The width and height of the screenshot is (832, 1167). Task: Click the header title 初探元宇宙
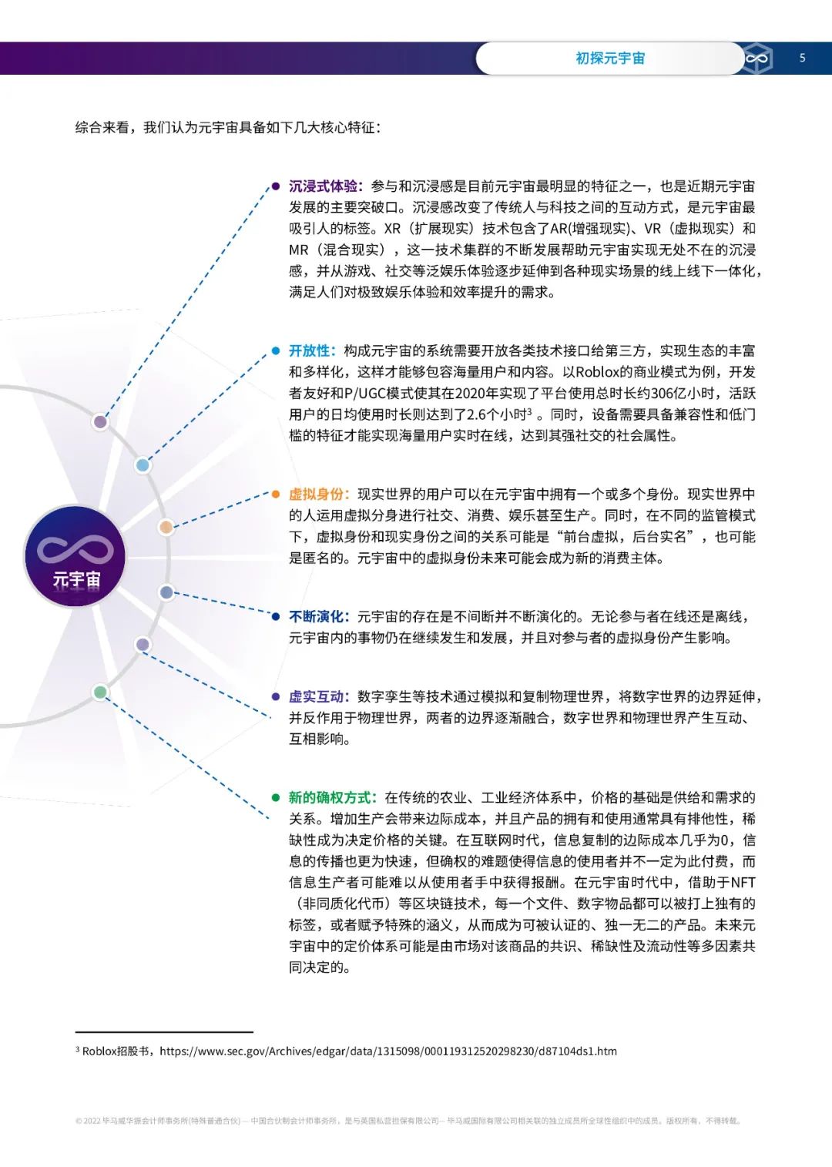pyautogui.click(x=610, y=59)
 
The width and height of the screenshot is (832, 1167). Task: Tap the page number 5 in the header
pyautogui.click(x=802, y=58)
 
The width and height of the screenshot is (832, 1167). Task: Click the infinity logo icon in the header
pyautogui.click(x=757, y=59)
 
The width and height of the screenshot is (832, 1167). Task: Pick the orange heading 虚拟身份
pyautogui.click(x=317, y=495)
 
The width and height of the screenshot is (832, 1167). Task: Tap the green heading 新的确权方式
pyautogui.click(x=331, y=798)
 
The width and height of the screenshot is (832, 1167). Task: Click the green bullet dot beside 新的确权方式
pyautogui.click(x=275, y=798)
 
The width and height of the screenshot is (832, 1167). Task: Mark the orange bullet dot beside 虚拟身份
pyautogui.click(x=275, y=495)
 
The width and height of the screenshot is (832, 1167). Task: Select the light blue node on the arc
pyautogui.click(x=143, y=464)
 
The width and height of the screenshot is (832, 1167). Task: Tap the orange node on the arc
pyautogui.click(x=166, y=527)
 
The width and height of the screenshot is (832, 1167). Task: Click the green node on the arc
pyautogui.click(x=100, y=692)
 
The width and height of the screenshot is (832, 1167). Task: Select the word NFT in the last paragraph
pyautogui.click(x=743, y=883)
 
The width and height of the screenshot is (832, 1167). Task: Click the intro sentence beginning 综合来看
pyautogui.click(x=227, y=127)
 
